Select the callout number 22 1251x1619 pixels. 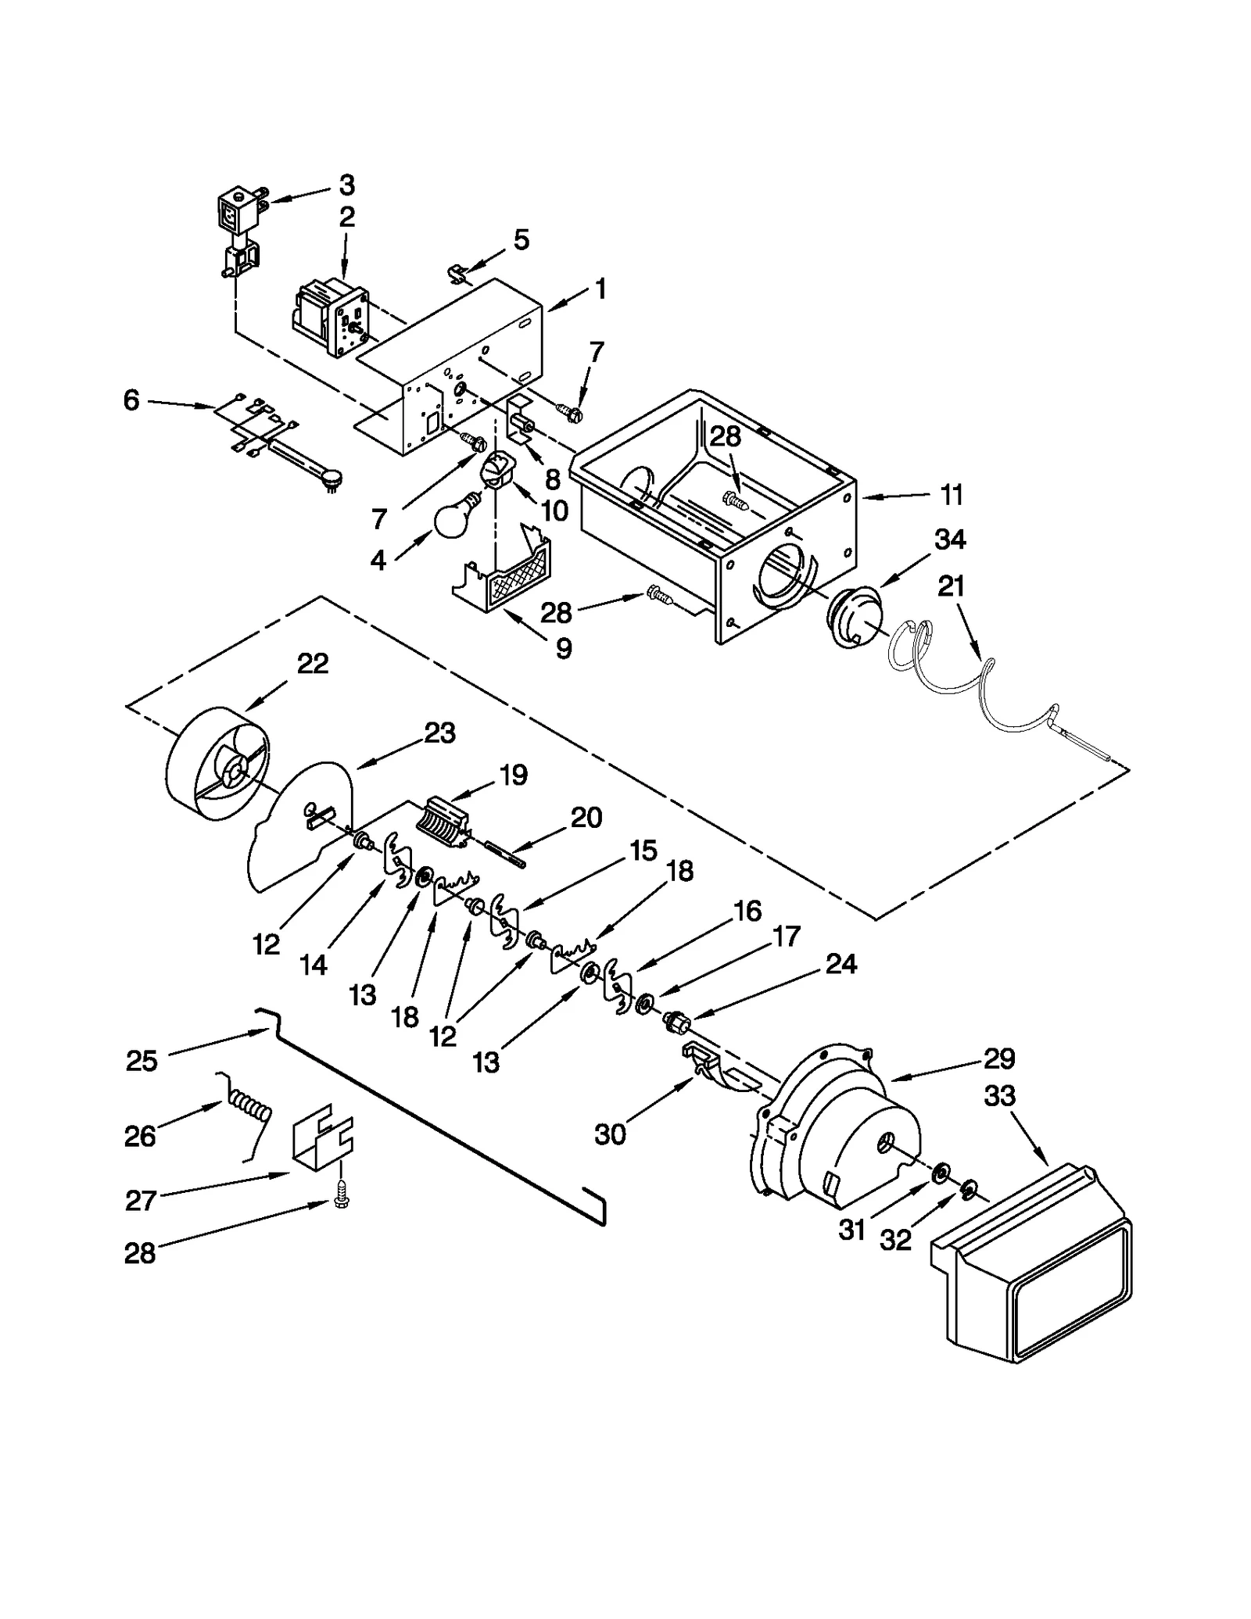click(312, 664)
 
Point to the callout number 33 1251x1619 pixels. click(999, 1096)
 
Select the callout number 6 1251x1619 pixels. click(131, 400)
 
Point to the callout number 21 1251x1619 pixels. click(951, 586)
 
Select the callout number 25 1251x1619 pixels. click(142, 1061)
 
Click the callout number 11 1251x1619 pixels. click(951, 495)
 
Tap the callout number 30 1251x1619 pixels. click(610, 1134)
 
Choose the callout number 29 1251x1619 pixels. click(998, 1058)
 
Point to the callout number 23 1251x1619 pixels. click(439, 733)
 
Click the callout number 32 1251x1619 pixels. click(895, 1240)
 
